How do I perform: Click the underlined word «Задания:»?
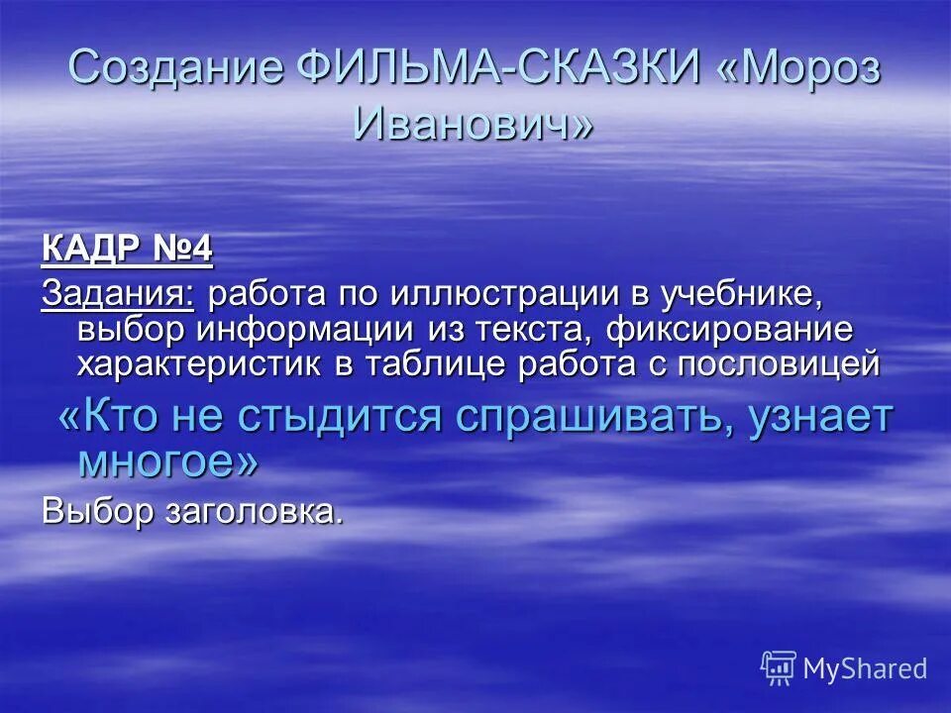point(118,293)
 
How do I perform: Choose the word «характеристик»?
point(199,363)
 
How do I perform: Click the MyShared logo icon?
point(778,667)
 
